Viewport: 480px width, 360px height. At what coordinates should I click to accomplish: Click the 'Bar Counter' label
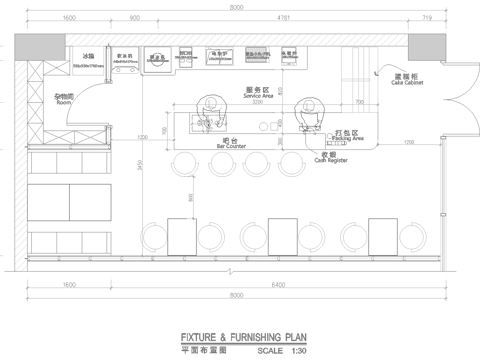point(231,146)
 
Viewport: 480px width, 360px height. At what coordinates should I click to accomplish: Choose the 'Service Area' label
point(258,94)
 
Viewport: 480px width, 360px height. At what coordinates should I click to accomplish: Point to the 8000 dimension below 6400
point(236,297)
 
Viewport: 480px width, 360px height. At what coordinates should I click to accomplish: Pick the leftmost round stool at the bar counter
point(188,163)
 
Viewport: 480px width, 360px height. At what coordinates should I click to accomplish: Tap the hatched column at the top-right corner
point(427,43)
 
